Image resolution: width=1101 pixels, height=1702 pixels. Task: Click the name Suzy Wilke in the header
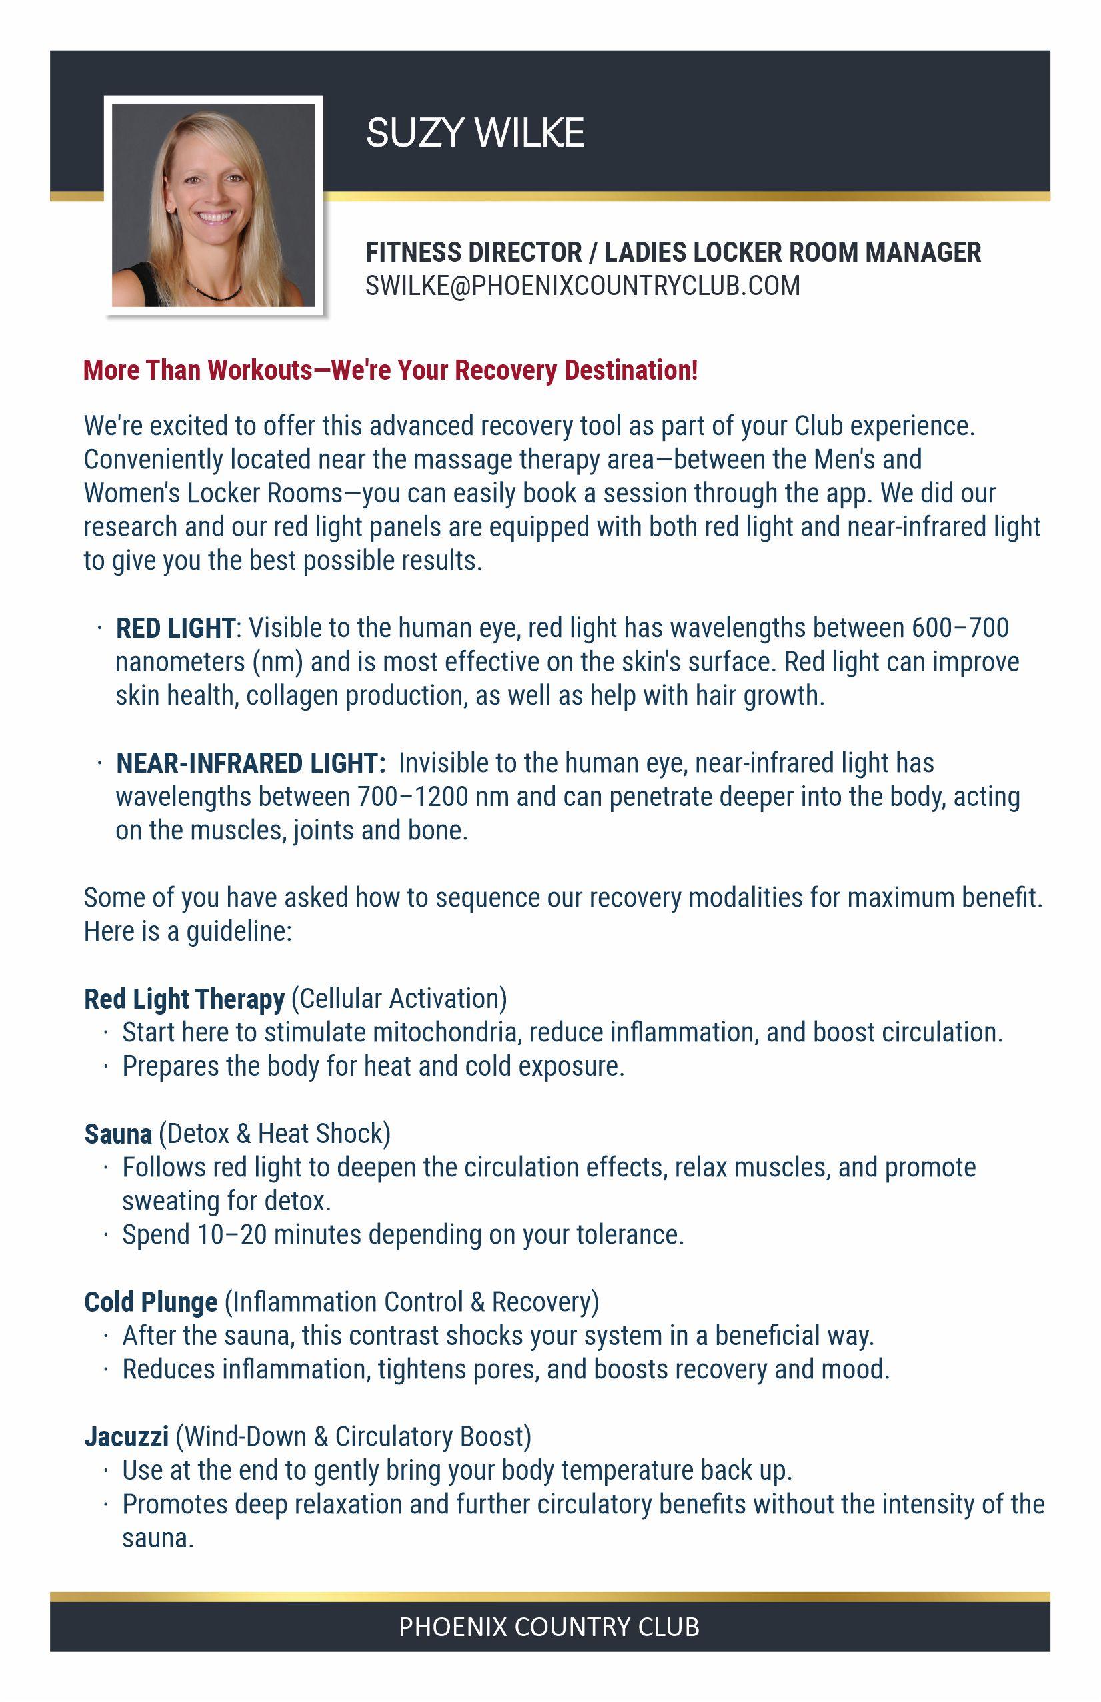[475, 133]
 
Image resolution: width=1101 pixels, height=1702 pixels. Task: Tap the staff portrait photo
[213, 205]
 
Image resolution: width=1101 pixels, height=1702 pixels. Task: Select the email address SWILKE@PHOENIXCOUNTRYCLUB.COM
[583, 286]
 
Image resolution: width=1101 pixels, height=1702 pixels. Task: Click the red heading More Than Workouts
[390, 370]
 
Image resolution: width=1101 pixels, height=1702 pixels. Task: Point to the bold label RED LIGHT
[175, 628]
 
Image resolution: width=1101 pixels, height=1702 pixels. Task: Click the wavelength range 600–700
[960, 628]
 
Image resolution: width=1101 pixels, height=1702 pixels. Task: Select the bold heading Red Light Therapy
[185, 999]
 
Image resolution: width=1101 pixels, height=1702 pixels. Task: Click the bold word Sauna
[118, 1134]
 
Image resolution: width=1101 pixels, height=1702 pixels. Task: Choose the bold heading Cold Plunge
[151, 1302]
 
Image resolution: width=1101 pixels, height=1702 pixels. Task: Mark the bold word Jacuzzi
[127, 1436]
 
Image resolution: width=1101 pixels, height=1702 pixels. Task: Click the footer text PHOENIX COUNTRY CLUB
[549, 1626]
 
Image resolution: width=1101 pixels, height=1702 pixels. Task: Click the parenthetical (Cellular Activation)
[399, 999]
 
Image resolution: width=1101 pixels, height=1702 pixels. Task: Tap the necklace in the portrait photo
[213, 291]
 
